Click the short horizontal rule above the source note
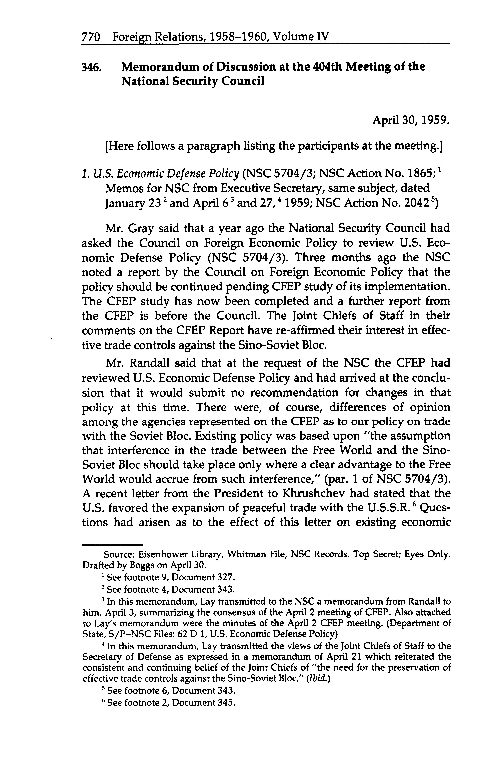[112, 545]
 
